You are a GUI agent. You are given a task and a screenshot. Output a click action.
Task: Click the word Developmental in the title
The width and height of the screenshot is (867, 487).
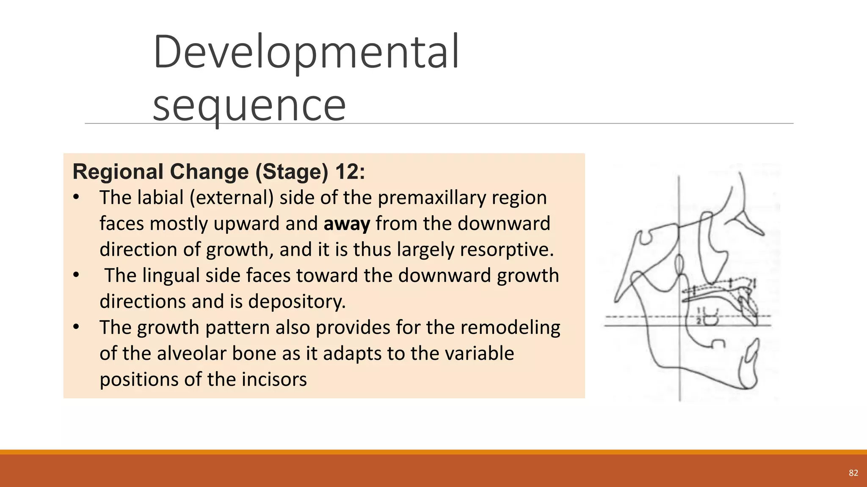306,52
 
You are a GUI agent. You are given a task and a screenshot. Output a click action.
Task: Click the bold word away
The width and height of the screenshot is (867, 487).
347,224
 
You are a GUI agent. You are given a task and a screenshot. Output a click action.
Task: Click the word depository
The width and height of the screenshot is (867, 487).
297,301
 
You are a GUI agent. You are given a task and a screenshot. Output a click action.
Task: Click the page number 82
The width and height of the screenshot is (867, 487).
853,473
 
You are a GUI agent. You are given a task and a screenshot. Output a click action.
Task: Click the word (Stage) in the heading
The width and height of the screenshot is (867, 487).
292,172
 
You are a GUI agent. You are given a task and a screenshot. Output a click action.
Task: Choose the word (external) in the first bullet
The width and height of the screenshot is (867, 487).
232,198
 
